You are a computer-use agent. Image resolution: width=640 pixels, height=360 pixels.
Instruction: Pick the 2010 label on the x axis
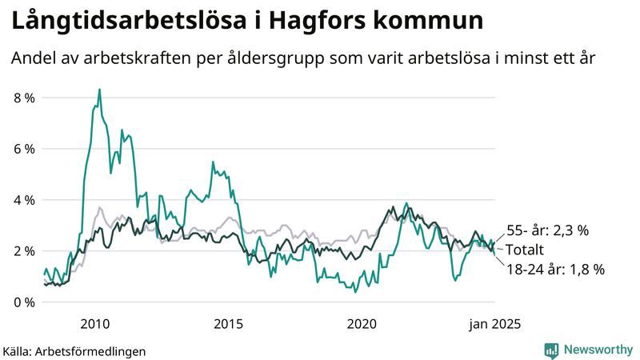pyautogui.click(x=95, y=323)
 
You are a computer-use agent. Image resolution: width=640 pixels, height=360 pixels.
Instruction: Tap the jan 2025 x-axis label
pyautogui.click(x=494, y=323)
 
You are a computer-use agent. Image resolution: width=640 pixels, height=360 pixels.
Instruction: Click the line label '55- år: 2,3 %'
pyautogui.click(x=548, y=230)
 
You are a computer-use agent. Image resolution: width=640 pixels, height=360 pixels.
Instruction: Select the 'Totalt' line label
pyautogui.click(x=525, y=250)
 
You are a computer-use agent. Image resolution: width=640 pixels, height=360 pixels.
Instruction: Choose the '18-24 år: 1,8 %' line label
pyautogui.click(x=555, y=270)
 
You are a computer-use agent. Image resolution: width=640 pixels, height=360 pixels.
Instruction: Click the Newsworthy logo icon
pyautogui.click(x=551, y=350)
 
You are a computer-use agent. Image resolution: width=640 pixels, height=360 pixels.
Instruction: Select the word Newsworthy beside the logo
pyautogui.click(x=596, y=350)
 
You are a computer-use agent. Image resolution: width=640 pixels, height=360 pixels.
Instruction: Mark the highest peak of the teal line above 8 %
pyautogui.click(x=99, y=90)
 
